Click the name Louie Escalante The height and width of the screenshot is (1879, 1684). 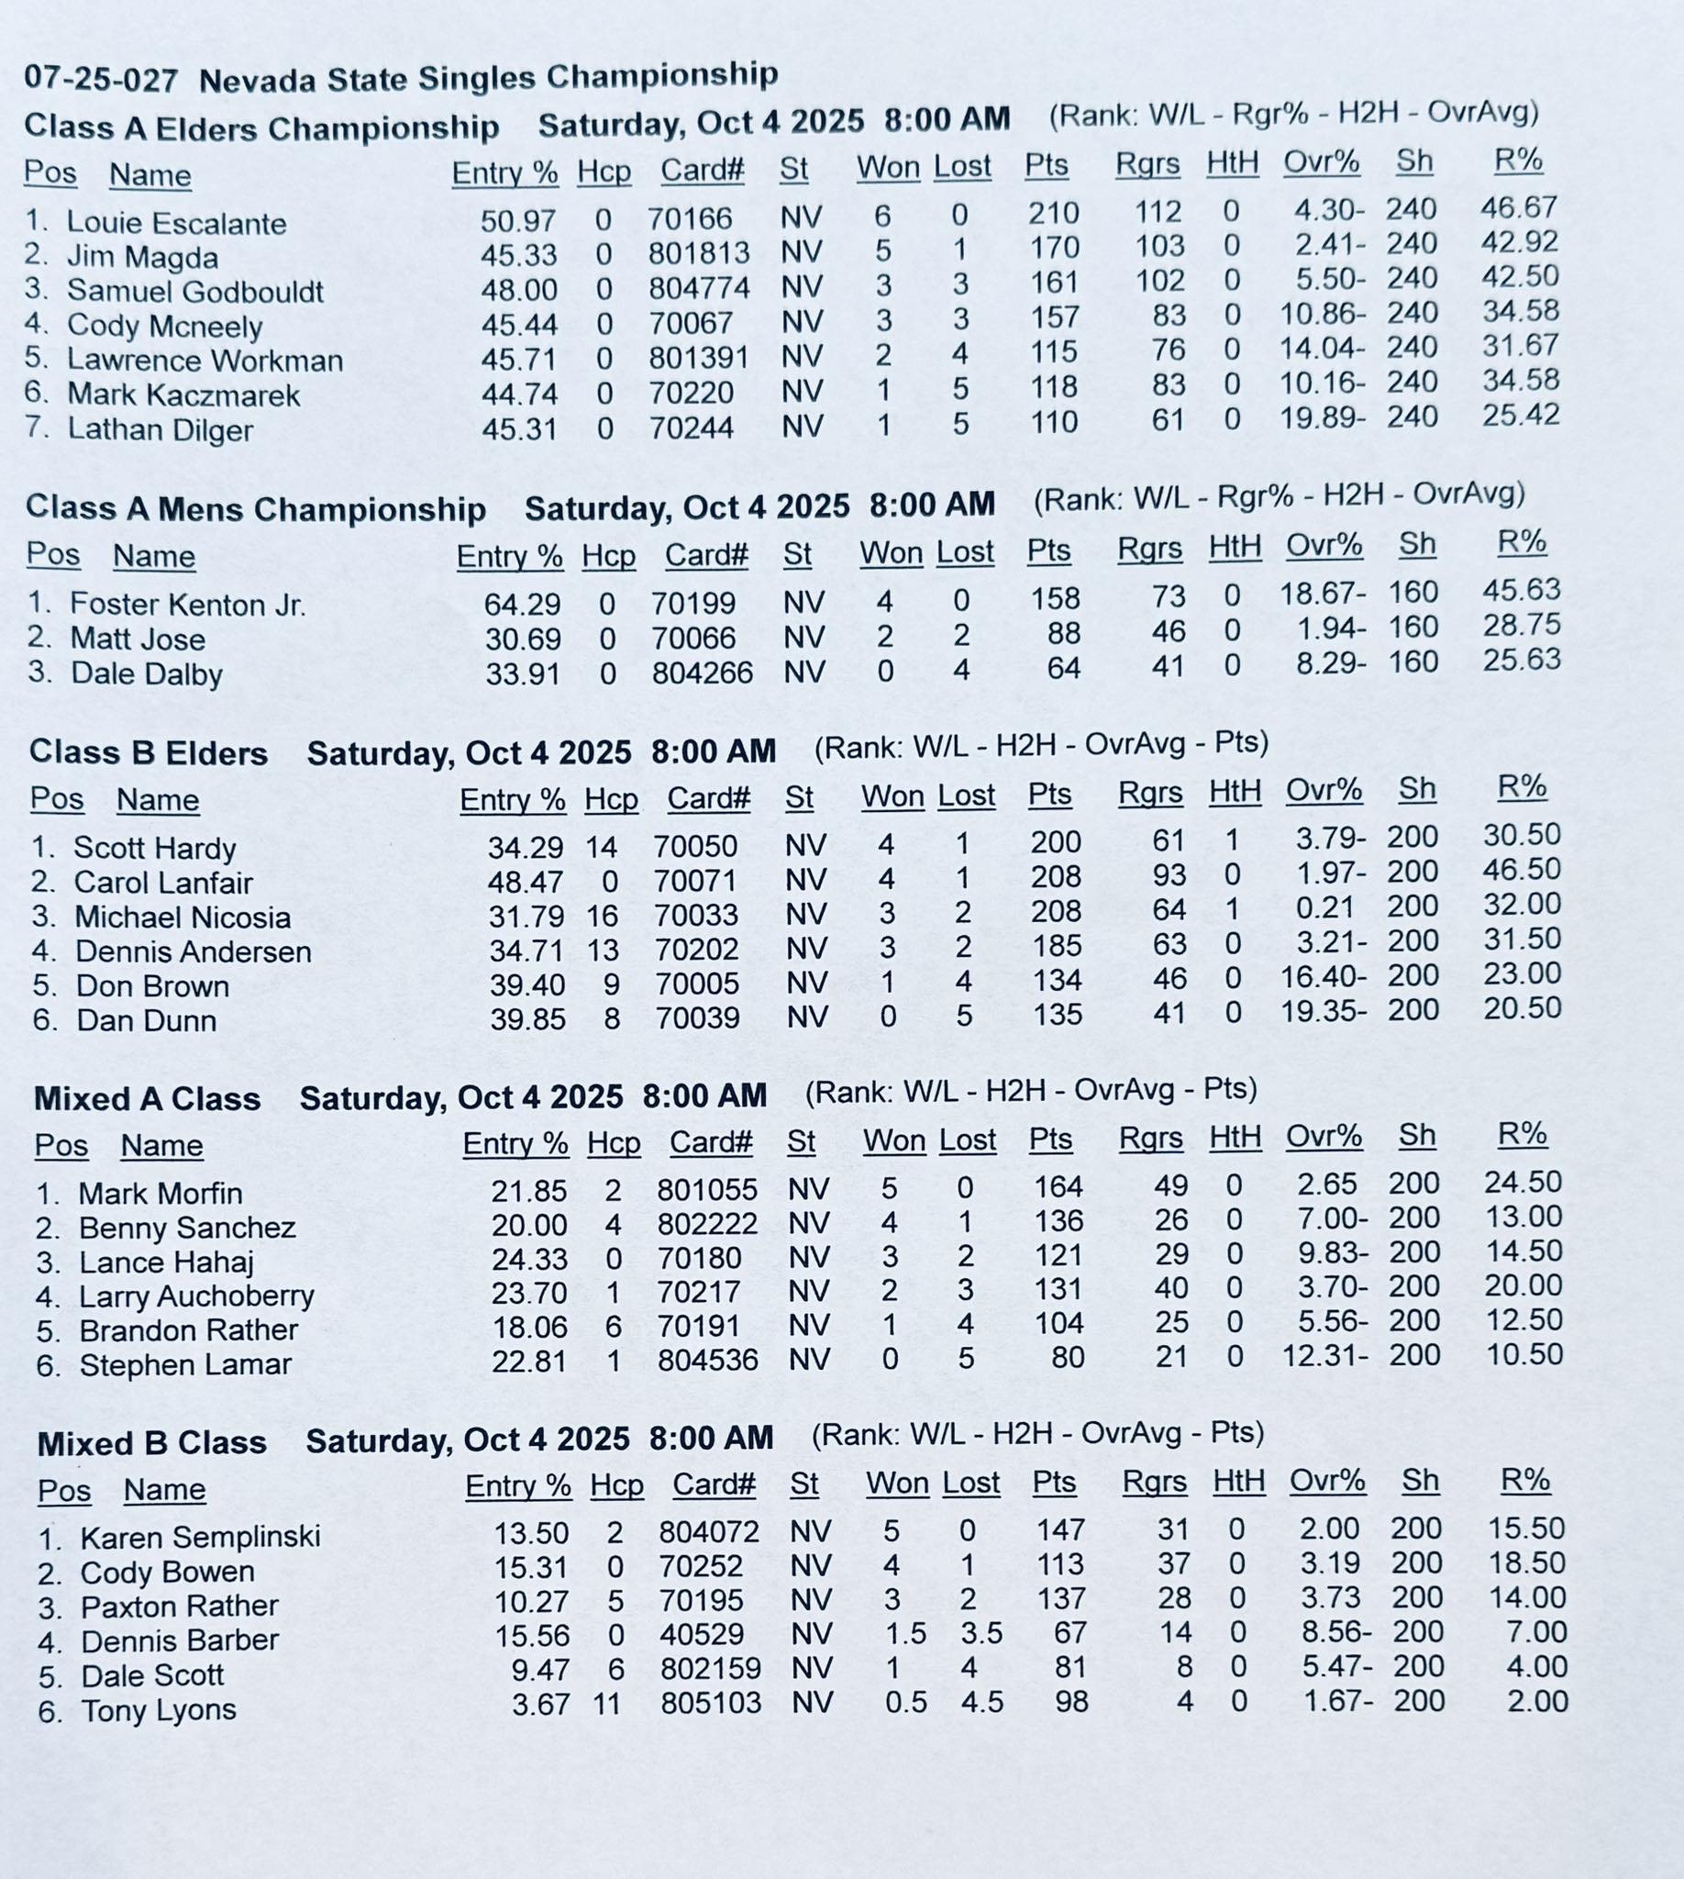click(x=176, y=223)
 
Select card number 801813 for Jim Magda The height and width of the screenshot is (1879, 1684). click(x=699, y=252)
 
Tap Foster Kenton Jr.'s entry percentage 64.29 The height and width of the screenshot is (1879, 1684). click(x=522, y=605)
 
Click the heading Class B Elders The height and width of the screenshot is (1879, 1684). click(x=148, y=753)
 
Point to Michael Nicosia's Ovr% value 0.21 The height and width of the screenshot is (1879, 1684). click(x=1326, y=908)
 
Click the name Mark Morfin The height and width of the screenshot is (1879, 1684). click(x=161, y=1194)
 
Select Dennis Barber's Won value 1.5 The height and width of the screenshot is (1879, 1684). click(x=906, y=1634)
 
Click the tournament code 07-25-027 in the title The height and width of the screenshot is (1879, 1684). click(x=101, y=80)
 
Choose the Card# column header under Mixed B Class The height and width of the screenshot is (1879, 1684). click(x=714, y=1484)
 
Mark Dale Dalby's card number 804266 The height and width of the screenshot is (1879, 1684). click(x=703, y=673)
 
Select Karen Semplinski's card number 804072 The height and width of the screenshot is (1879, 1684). click(x=709, y=1532)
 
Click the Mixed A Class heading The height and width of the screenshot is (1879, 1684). click(x=147, y=1099)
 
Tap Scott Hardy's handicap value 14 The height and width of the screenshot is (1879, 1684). click(x=601, y=846)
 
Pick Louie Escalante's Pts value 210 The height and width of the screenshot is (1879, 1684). click(x=1053, y=214)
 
